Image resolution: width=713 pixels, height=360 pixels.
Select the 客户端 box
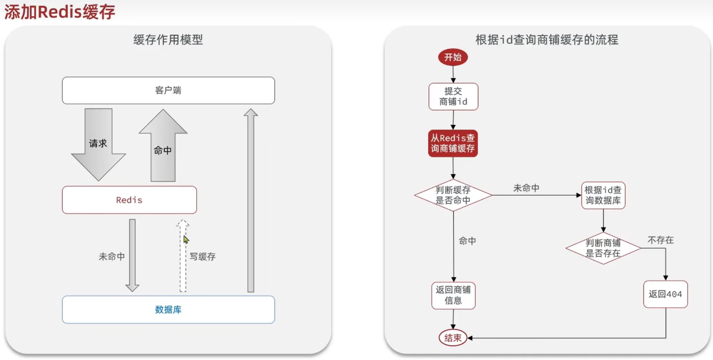(x=168, y=90)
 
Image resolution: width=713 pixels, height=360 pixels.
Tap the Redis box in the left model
(x=129, y=200)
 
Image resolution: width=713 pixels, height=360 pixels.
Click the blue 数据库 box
(x=168, y=310)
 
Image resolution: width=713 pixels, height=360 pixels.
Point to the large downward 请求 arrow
(x=98, y=144)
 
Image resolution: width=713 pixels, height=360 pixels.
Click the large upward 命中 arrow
(x=163, y=150)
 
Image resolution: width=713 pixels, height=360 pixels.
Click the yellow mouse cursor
(x=186, y=240)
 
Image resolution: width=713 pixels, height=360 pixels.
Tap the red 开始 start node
(x=453, y=57)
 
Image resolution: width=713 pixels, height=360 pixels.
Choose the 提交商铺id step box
(x=453, y=96)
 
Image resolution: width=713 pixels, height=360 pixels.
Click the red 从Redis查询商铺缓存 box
(x=453, y=143)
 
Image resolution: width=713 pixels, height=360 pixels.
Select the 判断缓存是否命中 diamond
(x=453, y=195)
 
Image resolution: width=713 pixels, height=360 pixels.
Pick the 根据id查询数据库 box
(x=603, y=195)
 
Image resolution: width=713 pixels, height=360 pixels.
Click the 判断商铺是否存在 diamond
(x=603, y=248)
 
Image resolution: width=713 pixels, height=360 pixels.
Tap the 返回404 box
(x=665, y=294)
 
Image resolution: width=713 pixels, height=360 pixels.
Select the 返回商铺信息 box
(x=453, y=295)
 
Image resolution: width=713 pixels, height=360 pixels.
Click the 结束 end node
(x=453, y=338)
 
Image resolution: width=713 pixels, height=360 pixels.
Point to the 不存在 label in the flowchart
(x=661, y=240)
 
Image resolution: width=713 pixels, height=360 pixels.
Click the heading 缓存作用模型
(x=168, y=40)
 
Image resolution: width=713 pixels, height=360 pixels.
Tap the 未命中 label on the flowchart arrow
(x=526, y=188)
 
